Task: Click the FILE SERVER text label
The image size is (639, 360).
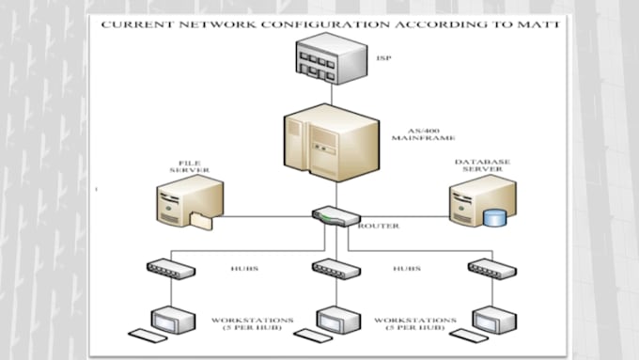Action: [x=189, y=165]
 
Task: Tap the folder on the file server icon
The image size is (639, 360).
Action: [x=200, y=222]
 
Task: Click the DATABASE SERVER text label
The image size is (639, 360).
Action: [x=482, y=166]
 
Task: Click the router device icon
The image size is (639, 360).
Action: [x=335, y=216]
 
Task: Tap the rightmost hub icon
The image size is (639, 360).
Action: [x=490, y=269]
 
